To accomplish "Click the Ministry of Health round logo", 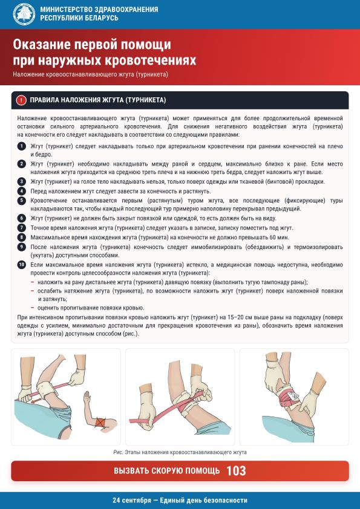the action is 24,14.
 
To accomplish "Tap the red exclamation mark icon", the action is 21,100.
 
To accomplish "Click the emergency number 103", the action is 236,471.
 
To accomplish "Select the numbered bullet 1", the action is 21,146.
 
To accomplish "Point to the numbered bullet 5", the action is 21,201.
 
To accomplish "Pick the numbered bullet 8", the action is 21,238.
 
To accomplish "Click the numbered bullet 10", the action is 21,265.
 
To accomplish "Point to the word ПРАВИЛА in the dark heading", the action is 43,100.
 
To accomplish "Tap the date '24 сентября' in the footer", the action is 132,501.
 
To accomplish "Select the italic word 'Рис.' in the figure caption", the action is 118,452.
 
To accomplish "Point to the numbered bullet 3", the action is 21,182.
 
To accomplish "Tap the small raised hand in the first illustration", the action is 87,397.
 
